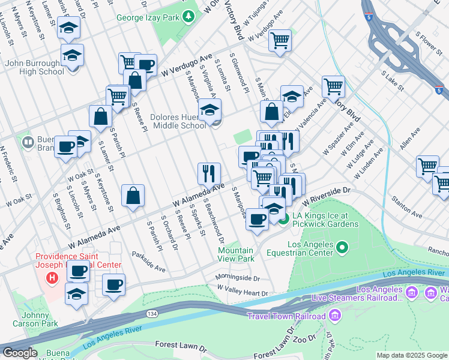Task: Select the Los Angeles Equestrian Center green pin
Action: (x=342, y=247)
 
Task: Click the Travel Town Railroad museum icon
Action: (x=335, y=316)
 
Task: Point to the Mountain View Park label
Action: (x=235, y=254)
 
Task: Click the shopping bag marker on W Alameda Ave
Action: (x=133, y=195)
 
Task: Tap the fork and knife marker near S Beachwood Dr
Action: (x=209, y=173)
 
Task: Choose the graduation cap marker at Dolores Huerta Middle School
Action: (x=209, y=110)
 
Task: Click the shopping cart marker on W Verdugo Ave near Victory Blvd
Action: (x=279, y=40)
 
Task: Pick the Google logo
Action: (x=20, y=353)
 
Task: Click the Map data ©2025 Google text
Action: (x=412, y=355)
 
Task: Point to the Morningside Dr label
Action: (x=238, y=278)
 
